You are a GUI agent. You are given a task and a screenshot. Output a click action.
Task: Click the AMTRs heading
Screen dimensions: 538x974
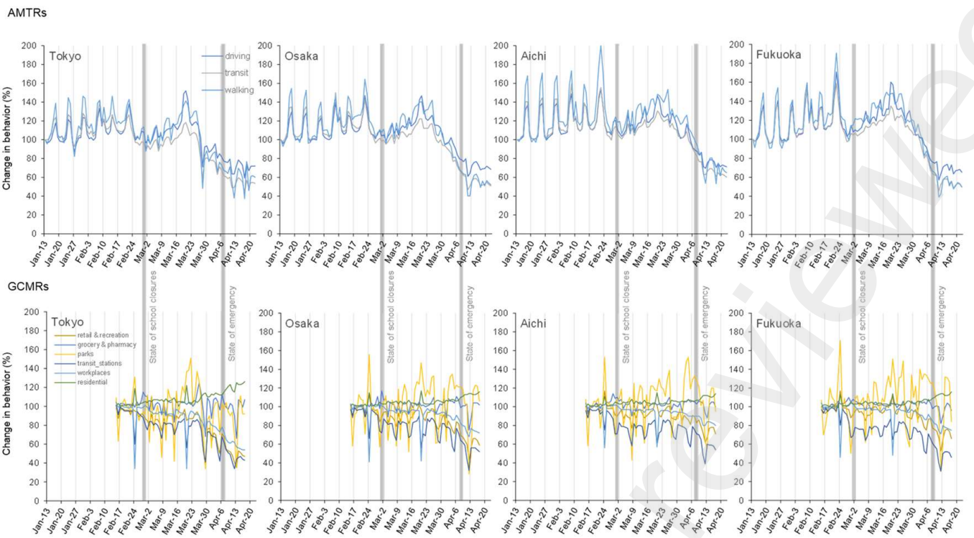tap(27, 13)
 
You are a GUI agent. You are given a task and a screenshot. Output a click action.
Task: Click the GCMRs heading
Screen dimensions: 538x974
tap(28, 286)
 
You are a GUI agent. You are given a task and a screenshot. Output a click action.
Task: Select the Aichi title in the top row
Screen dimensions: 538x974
tap(536, 55)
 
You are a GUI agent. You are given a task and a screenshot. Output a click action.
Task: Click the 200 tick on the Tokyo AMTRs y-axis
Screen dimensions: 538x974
tap(29, 45)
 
